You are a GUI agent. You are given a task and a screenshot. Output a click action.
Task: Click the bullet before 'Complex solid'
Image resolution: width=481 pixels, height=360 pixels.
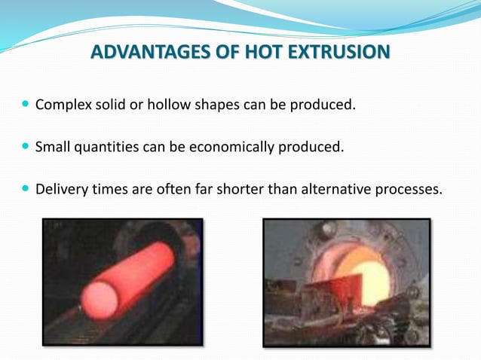[x=26, y=104]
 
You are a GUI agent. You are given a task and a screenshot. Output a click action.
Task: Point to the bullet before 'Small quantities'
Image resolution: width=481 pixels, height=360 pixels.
[x=26, y=146]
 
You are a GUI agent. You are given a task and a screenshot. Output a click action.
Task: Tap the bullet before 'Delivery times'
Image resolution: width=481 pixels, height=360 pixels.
[x=26, y=189]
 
